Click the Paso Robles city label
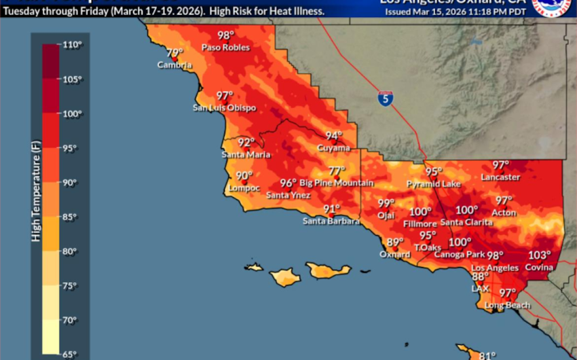point(226,48)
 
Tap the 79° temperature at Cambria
point(175,53)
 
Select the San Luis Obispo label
point(224,108)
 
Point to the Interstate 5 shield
point(386,98)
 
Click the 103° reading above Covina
point(540,255)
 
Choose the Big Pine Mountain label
point(337,183)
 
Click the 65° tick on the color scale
point(71,354)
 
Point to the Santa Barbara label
point(331,221)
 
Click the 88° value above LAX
point(481,276)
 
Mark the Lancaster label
point(500,177)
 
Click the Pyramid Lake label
point(434,184)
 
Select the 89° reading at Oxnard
point(395,242)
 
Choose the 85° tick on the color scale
point(71,217)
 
